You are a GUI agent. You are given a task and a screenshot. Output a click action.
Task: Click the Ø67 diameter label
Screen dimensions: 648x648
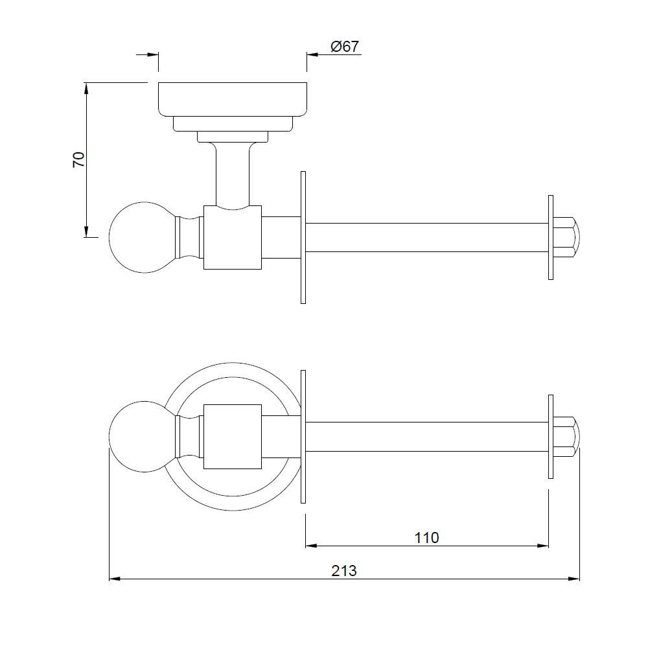click(x=344, y=47)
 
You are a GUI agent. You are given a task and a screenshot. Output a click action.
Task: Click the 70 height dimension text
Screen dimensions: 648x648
click(x=78, y=159)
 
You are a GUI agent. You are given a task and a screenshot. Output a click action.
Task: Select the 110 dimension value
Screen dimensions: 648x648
click(x=426, y=537)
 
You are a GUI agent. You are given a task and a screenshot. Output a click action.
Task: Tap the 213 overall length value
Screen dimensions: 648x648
click(x=344, y=570)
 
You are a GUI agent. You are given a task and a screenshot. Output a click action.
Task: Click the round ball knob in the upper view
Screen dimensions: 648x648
click(x=137, y=237)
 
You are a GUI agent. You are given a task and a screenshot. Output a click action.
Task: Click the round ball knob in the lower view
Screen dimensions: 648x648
click(x=137, y=436)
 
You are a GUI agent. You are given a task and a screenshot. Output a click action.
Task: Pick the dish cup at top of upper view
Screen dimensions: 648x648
click(x=233, y=99)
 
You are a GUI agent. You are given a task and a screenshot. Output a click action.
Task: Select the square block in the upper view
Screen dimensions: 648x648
click(x=232, y=237)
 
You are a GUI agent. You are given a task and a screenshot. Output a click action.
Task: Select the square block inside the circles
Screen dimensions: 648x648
click(x=232, y=436)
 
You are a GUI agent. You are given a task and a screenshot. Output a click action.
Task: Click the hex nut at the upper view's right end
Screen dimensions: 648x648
click(x=567, y=237)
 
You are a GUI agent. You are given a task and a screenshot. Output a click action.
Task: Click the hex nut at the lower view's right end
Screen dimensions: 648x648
click(x=567, y=436)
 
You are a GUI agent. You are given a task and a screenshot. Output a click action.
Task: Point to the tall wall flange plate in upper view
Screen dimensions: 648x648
click(x=303, y=237)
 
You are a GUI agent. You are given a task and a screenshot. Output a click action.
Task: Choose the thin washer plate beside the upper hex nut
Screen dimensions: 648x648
click(x=550, y=237)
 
